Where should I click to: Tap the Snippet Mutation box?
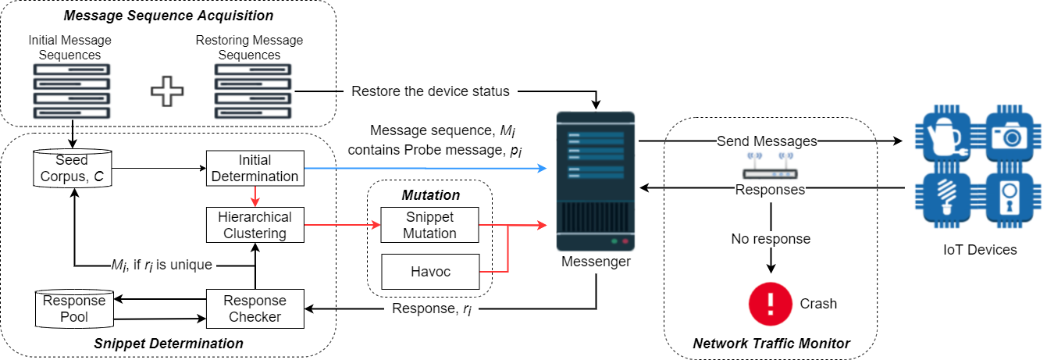(x=429, y=225)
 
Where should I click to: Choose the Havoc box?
(x=429, y=272)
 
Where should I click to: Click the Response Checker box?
(x=255, y=308)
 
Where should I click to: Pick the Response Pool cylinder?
(x=75, y=308)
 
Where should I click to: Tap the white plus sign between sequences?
(x=166, y=91)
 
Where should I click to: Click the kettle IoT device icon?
(x=945, y=137)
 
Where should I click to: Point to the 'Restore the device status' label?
(x=430, y=91)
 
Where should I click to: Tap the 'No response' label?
(x=770, y=238)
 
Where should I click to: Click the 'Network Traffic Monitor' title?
(x=771, y=343)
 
